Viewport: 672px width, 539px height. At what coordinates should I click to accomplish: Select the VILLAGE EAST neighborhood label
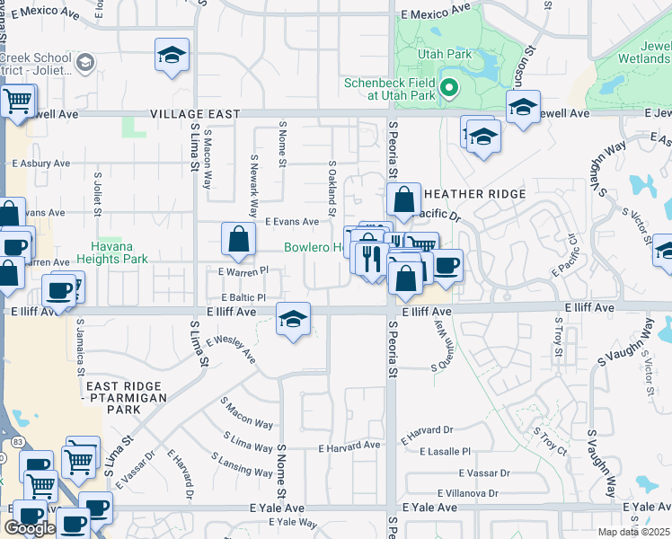click(x=195, y=114)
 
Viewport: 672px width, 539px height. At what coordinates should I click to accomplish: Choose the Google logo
click(x=29, y=527)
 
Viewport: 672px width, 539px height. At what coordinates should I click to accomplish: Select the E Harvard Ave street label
click(x=349, y=446)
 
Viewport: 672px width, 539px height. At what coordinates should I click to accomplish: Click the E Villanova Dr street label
click(x=467, y=493)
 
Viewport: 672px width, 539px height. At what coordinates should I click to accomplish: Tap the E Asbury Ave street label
click(x=40, y=164)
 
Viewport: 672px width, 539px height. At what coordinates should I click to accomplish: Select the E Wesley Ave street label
click(x=231, y=349)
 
